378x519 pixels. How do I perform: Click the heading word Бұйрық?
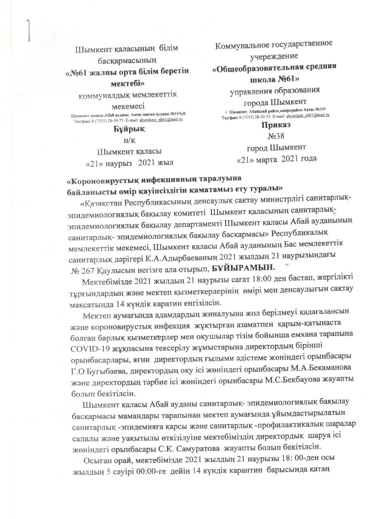point(129,129)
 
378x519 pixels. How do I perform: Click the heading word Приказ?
point(276,125)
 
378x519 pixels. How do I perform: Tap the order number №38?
point(276,136)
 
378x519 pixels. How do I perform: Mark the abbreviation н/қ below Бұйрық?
point(129,140)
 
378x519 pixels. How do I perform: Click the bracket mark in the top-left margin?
point(29,30)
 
